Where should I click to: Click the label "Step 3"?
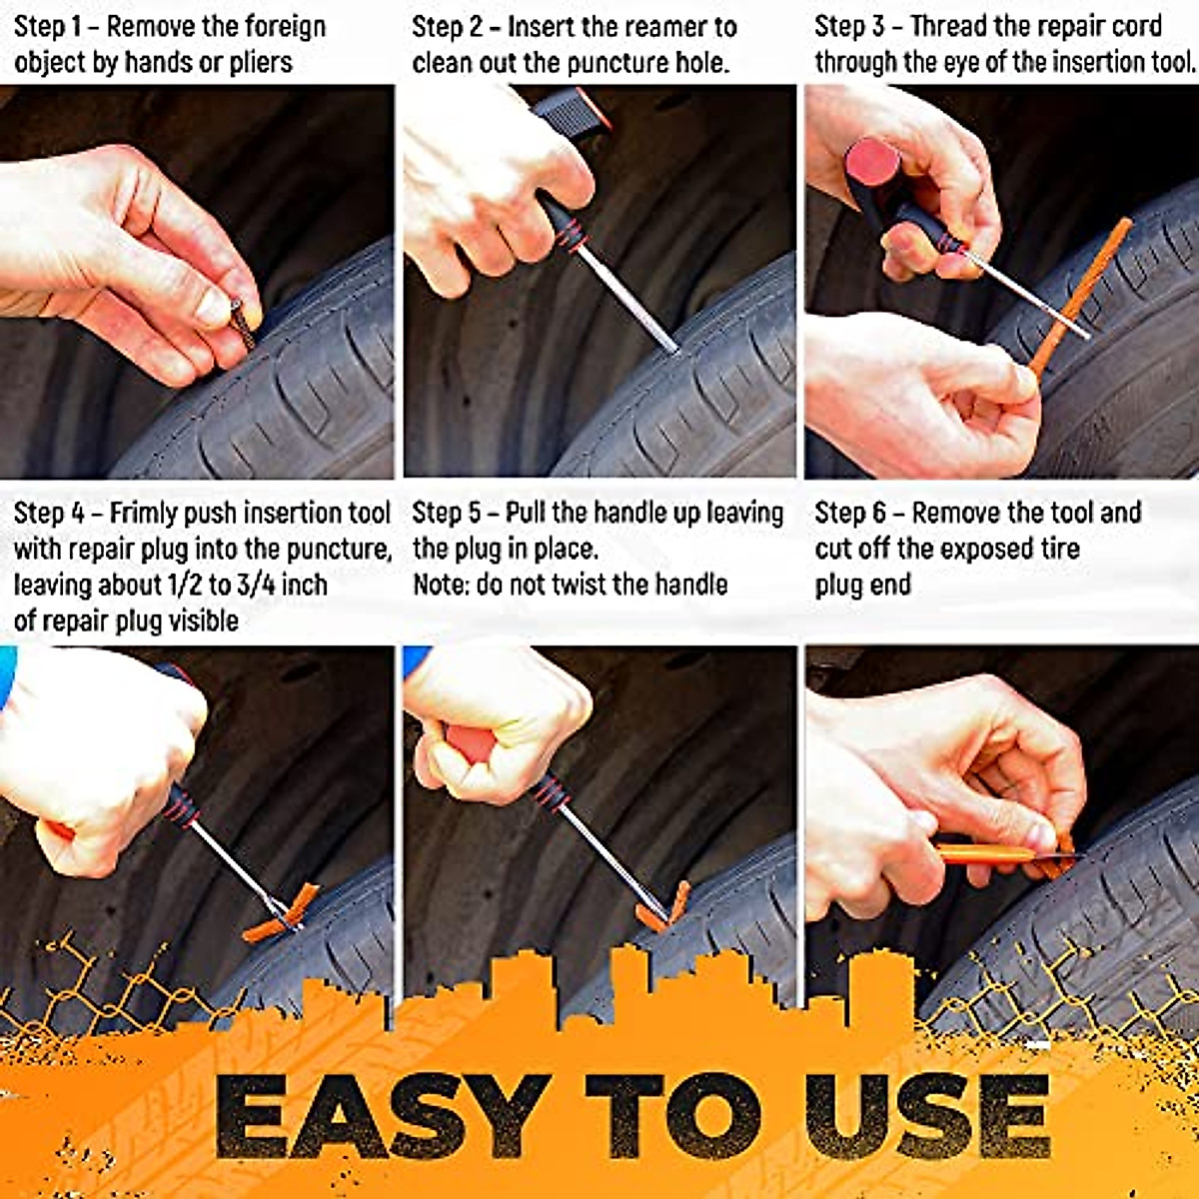point(850,26)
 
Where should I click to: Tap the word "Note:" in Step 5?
point(440,585)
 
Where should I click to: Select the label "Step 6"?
point(850,514)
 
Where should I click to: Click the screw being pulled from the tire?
point(243,324)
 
